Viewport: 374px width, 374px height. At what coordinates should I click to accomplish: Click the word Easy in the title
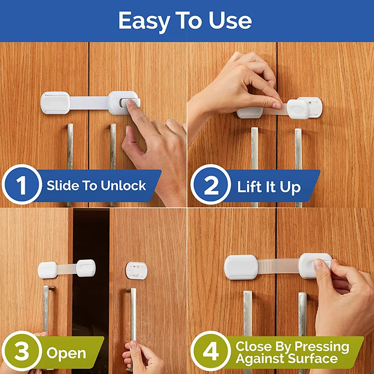coord(143,21)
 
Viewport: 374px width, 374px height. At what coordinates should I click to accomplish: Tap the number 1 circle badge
coord(22,186)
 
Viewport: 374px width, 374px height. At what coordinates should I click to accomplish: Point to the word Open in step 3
coord(66,353)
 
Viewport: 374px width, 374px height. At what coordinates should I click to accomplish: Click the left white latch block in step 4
coord(241,267)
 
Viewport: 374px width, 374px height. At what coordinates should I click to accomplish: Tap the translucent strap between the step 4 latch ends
coord(278,266)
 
